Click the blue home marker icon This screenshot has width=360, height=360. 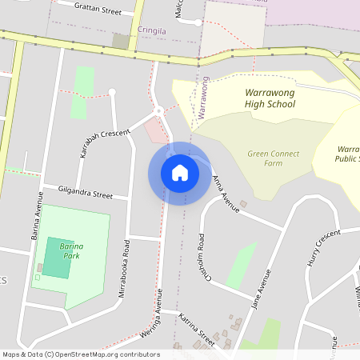pos(179,173)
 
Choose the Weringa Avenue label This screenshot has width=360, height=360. pos(159,313)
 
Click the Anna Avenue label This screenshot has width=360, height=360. pos(226,194)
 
